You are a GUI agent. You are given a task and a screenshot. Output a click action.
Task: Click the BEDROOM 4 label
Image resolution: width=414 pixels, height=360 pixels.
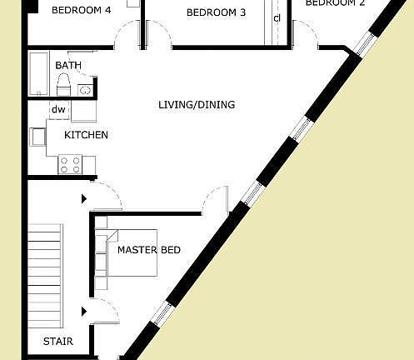point(81,11)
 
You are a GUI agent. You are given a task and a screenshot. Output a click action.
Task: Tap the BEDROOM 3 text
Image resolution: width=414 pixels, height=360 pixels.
point(216,12)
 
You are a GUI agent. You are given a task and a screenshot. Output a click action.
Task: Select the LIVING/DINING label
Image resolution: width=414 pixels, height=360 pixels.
point(197,105)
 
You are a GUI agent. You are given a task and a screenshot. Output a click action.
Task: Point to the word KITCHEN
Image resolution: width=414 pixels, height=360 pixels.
point(87,135)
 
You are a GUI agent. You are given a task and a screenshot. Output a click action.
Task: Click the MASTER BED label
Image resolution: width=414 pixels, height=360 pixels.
point(149,250)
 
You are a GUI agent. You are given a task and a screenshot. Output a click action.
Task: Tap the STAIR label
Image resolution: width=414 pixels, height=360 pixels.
point(58,342)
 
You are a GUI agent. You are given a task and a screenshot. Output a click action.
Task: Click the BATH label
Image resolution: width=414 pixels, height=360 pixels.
point(67,65)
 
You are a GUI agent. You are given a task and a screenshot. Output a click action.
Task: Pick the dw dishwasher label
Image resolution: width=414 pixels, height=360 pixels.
point(58,109)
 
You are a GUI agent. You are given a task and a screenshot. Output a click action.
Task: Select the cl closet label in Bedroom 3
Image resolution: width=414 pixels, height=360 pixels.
point(277,18)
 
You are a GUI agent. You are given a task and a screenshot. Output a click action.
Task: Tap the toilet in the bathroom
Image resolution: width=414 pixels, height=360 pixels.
point(62,84)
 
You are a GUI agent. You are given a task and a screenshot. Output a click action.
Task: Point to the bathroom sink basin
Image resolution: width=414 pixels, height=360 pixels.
point(84,89)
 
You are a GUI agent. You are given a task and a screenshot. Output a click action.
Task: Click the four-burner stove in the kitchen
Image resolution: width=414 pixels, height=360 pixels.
point(70,164)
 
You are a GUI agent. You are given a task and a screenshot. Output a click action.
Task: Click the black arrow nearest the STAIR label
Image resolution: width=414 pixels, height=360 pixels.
point(84,312)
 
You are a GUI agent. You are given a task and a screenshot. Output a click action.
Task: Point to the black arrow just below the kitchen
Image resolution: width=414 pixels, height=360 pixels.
point(84,199)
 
